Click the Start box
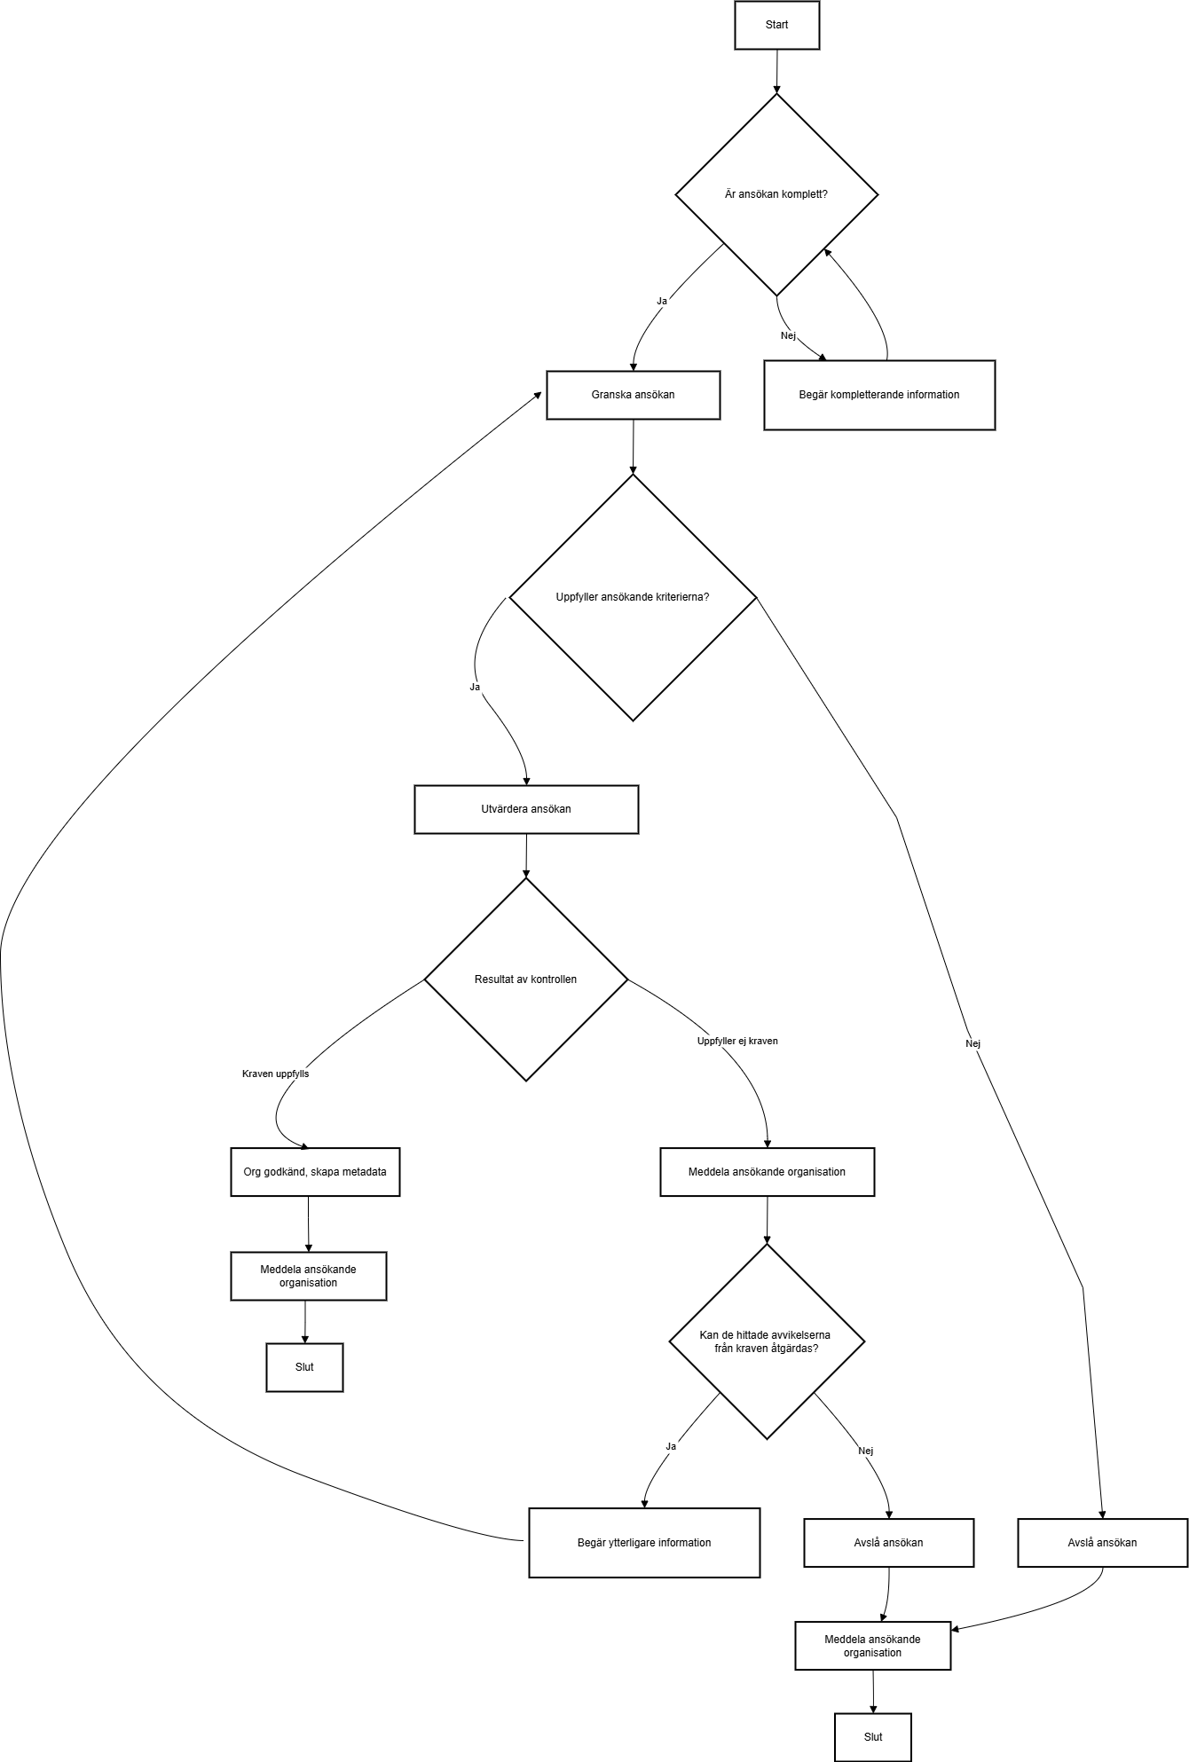pyautogui.click(x=776, y=25)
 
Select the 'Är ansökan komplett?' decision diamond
pyautogui.click(x=776, y=194)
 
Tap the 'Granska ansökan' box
pyautogui.click(x=633, y=395)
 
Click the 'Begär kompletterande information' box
pyautogui.click(x=879, y=395)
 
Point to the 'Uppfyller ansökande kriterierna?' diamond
pyautogui.click(x=633, y=597)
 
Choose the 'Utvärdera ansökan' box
pyautogui.click(x=526, y=809)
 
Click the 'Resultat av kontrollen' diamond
pyautogui.click(x=526, y=979)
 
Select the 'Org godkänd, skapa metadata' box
pyautogui.click(x=315, y=1172)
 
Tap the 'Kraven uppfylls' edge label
pyautogui.click(x=276, y=1074)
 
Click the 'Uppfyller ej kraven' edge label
pyautogui.click(x=737, y=1041)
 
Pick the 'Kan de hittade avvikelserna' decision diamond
pyautogui.click(x=767, y=1341)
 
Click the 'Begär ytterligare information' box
pyautogui.click(x=644, y=1543)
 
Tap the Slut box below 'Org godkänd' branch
pyautogui.click(x=304, y=1367)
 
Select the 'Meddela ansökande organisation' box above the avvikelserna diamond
pyautogui.click(x=767, y=1172)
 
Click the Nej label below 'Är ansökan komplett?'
pyautogui.click(x=788, y=335)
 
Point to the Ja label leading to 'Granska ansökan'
pyautogui.click(x=662, y=301)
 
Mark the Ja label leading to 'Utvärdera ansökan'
pyautogui.click(x=475, y=687)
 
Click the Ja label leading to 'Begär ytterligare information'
pyautogui.click(x=671, y=1446)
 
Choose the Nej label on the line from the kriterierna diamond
pyautogui.click(x=972, y=1043)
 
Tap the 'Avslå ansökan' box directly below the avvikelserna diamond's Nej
pyautogui.click(x=888, y=1543)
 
